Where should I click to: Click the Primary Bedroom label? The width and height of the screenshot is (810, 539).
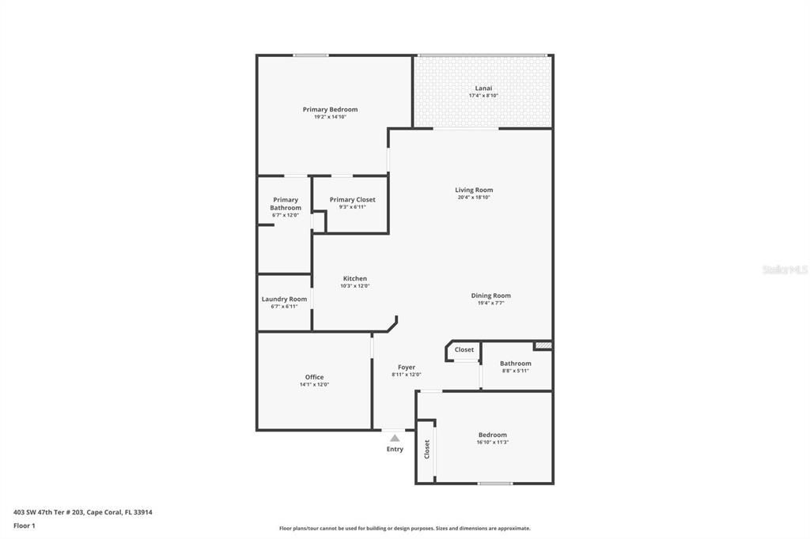pos(330,109)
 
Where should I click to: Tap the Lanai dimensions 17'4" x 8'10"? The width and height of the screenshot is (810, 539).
pos(483,96)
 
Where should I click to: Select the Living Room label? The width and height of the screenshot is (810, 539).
pos(474,190)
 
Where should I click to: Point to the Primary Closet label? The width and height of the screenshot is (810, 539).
pos(352,200)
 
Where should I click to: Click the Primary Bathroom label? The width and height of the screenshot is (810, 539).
pos(286,204)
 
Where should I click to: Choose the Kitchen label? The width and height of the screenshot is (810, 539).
pos(354,278)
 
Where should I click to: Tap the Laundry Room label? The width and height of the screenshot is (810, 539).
pos(284,299)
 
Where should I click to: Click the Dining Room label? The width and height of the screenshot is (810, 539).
pos(490,296)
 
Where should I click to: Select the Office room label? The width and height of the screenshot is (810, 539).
pos(314,377)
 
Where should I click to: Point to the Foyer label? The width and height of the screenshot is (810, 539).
pos(406,367)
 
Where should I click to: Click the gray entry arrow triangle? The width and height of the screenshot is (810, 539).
pos(395,438)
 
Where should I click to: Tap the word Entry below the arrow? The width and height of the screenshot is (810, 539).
pos(395,449)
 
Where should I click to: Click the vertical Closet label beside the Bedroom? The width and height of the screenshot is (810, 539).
pos(427,450)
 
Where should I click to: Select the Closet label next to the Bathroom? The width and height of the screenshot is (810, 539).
pos(464,349)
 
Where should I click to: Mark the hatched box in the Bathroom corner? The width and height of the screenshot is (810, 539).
pos(543,345)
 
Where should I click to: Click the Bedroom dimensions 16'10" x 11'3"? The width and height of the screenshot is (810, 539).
pos(492,443)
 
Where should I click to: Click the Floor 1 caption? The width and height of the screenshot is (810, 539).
pos(25,526)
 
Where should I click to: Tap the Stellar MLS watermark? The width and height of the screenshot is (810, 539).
pos(784,269)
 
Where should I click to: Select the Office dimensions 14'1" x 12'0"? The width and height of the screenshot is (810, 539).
pos(314,385)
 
